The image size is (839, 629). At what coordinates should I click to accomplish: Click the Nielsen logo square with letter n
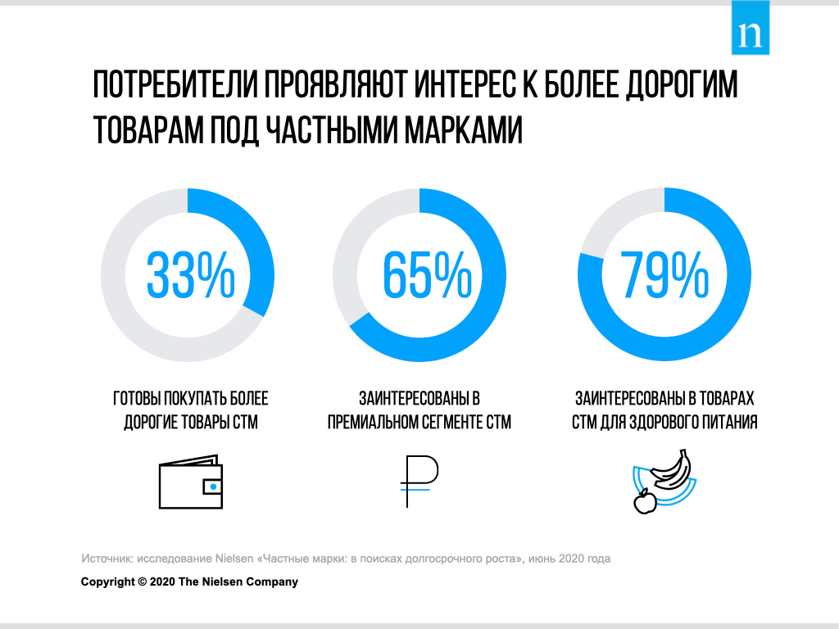pos(751,29)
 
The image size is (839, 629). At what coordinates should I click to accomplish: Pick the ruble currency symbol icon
pos(419,481)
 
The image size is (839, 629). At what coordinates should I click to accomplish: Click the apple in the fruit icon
pos(645,500)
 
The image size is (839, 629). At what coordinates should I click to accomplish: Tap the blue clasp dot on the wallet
pos(213,486)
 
